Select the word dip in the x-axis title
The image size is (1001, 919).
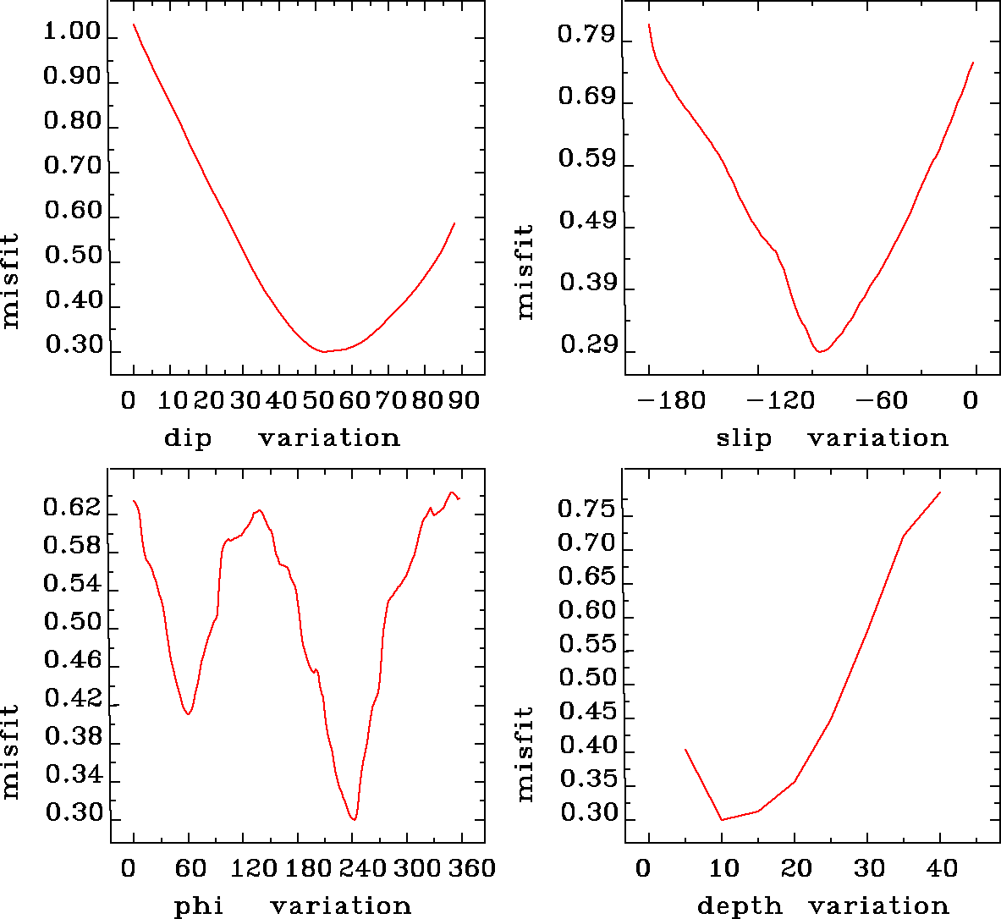coord(188,438)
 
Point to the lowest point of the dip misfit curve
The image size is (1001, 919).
coord(323,351)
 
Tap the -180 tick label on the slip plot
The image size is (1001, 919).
coord(671,400)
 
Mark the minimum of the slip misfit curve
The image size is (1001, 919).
coord(819,351)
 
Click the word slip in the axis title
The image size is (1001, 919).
coord(744,438)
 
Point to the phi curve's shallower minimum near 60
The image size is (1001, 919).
coord(189,714)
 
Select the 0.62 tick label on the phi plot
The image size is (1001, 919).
coord(72,509)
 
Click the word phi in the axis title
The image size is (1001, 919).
coord(199,906)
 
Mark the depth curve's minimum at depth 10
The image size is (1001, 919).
coord(722,819)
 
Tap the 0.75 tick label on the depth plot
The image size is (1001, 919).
coord(586,509)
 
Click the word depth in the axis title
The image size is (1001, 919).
coord(740,906)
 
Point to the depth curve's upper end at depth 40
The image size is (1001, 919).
coord(940,493)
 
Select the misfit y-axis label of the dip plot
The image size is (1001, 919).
coord(11,280)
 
